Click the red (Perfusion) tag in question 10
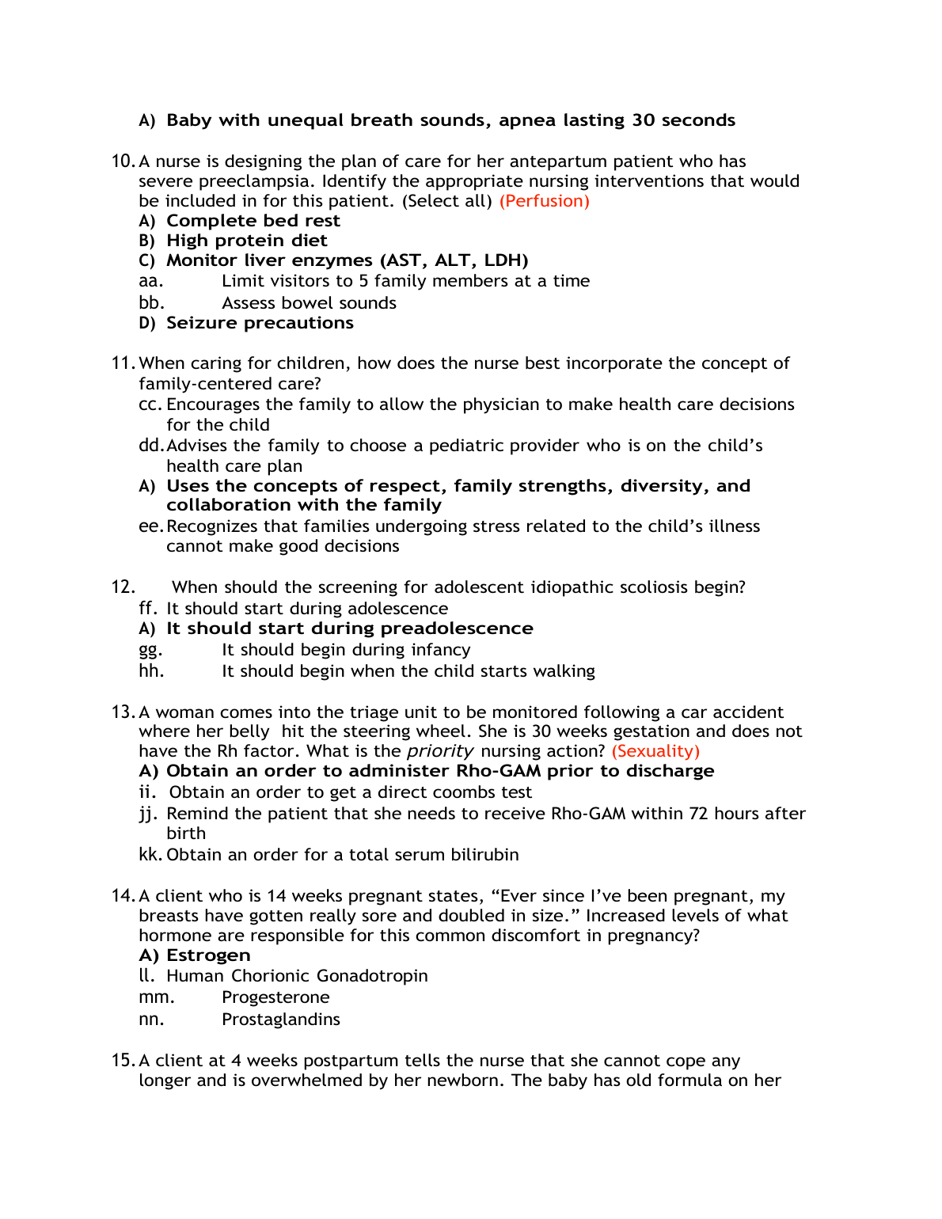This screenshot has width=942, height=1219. [x=544, y=201]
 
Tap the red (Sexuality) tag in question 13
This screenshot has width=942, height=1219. [x=655, y=751]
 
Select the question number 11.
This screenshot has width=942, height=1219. [x=123, y=363]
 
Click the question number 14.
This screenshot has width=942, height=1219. [x=123, y=896]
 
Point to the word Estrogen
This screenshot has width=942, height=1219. [x=208, y=955]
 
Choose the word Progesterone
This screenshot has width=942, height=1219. [x=275, y=997]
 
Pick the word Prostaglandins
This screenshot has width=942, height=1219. [x=281, y=1020]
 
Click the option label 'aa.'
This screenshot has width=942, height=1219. [x=150, y=281]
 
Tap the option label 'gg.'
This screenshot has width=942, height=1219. [x=150, y=651]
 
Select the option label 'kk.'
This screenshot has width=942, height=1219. [x=150, y=855]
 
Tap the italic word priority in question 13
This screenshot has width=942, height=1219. [x=440, y=751]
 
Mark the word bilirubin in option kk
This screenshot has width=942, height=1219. [x=484, y=855]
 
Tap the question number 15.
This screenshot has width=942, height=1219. [x=123, y=1061]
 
